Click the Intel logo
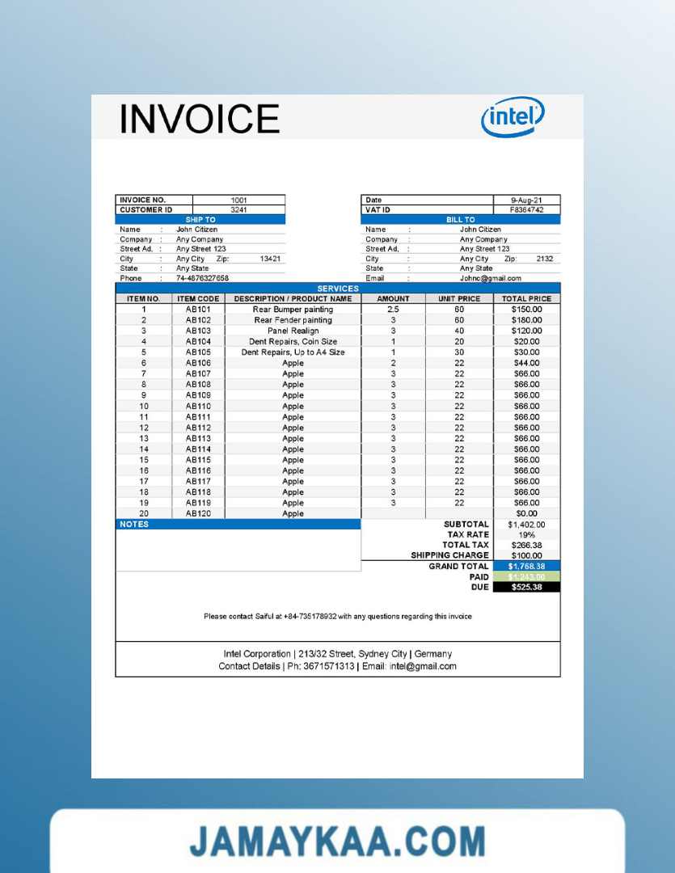point(513,117)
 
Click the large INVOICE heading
point(200,118)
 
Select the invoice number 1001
point(238,200)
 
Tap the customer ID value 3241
point(238,209)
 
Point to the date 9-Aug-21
point(526,200)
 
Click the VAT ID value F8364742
point(526,209)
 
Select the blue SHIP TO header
point(200,219)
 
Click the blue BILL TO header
point(460,219)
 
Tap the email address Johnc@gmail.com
point(491,278)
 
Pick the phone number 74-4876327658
point(202,278)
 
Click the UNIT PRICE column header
point(459,298)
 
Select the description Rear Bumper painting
point(293,309)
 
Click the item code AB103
point(198,331)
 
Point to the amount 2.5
point(393,309)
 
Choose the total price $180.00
point(526,320)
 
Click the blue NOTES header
point(238,524)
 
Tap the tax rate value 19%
point(526,534)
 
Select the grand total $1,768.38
point(526,566)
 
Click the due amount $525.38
point(526,587)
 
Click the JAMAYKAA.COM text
point(337,841)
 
